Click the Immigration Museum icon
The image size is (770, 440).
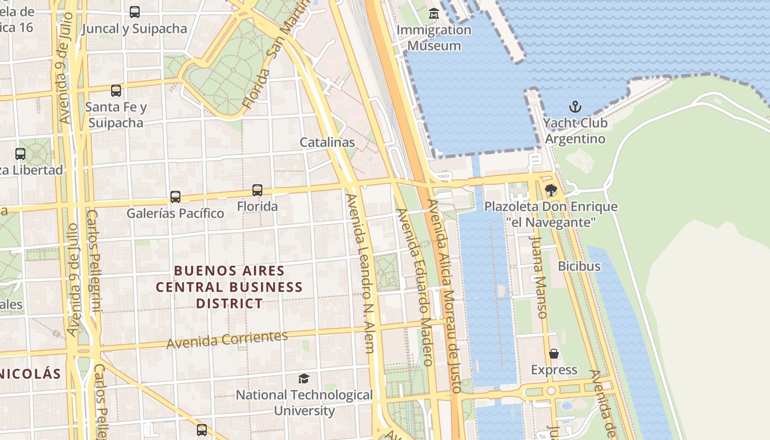coord(434,13)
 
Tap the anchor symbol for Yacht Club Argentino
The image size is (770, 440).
coord(575,107)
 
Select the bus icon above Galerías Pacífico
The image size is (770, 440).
coord(175,196)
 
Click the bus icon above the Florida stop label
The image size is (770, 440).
coord(257,190)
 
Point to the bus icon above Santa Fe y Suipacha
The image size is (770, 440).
coord(116,91)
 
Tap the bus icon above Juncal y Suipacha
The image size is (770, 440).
coord(134,12)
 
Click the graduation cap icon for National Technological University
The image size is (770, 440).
coord(304,378)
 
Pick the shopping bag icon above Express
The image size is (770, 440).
coord(554,354)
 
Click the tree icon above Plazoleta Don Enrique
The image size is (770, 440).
coord(551,190)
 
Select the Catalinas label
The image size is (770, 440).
coord(327,142)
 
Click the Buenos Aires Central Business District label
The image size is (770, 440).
coord(229,287)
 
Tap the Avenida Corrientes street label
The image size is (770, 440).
coord(227,340)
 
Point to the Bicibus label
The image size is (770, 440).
coord(579,266)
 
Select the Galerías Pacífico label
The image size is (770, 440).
coord(175,213)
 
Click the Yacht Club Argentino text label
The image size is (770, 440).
coord(575,130)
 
